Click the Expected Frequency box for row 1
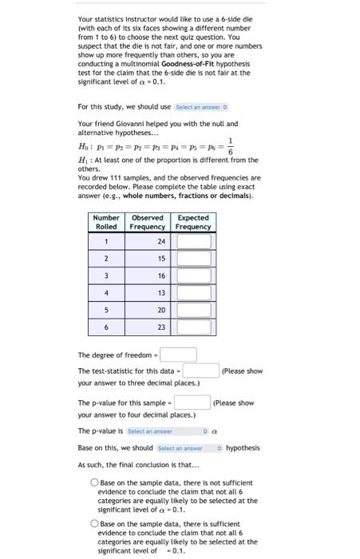pos(194,240)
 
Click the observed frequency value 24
pos(161,240)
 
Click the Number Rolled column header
pos(106,222)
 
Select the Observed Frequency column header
pos(147,222)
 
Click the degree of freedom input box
pos(181,355)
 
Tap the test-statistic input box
pos(201,371)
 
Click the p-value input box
pos(192,402)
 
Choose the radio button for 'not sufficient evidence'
pos(94,482)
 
